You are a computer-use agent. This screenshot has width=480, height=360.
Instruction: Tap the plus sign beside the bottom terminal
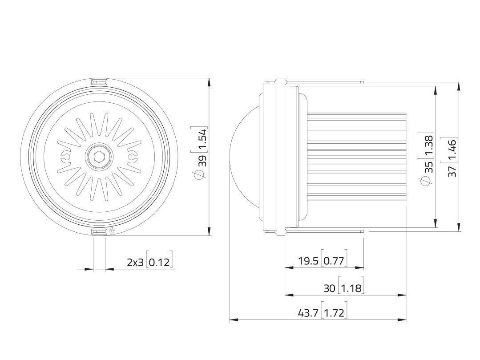point(112,231)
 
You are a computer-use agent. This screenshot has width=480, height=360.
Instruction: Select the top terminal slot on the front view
point(98,82)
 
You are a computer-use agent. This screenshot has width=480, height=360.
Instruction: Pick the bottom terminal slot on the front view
point(98,231)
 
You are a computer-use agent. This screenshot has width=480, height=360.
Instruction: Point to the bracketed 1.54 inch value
point(202,140)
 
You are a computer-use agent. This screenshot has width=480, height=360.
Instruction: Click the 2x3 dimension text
point(136,262)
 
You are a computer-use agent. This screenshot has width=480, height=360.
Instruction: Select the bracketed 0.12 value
point(159,262)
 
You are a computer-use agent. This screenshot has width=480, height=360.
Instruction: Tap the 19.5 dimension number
point(308,261)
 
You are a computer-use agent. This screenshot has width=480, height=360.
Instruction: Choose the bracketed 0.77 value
point(334,261)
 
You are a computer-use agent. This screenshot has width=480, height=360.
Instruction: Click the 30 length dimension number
point(329,288)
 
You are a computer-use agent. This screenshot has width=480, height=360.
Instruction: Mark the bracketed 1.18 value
point(351,288)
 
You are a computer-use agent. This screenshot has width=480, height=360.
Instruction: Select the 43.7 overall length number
point(308,313)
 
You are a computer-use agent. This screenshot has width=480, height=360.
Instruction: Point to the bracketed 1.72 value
point(334,313)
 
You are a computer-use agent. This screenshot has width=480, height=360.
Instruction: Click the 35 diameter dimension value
point(428,167)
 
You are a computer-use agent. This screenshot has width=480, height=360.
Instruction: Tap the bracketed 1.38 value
point(428,145)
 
